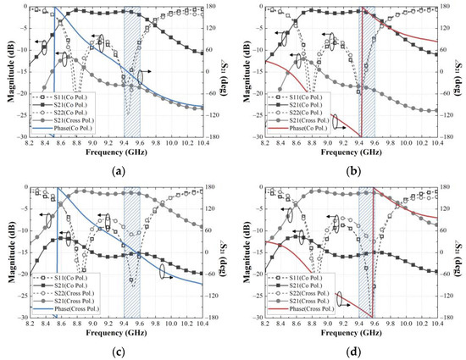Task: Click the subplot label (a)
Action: click(117, 169)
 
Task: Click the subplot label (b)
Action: click(349, 169)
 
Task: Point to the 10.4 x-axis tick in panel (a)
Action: click(202, 143)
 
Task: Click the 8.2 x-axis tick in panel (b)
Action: click(264, 143)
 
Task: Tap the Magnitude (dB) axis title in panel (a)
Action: click(8, 72)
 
